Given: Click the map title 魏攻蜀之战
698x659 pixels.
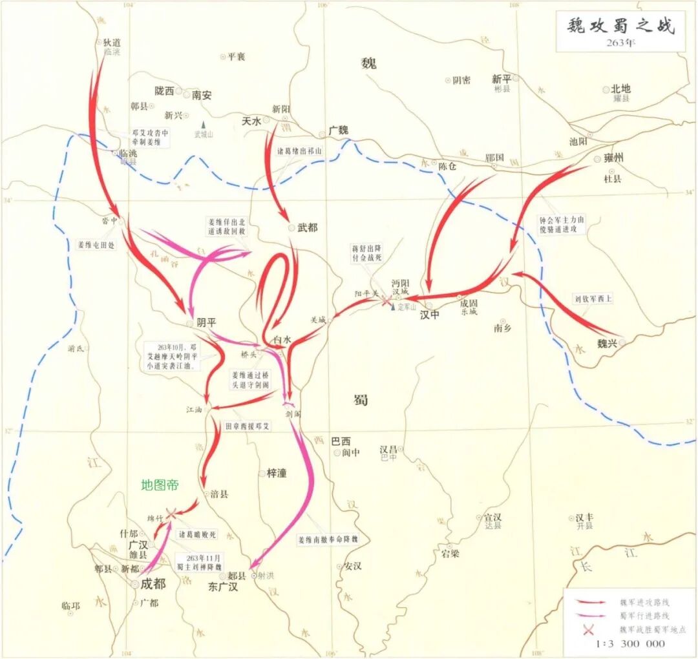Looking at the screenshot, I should pos(620,26).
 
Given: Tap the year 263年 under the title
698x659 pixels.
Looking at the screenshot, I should pos(620,44).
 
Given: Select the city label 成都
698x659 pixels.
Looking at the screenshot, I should pos(153,584).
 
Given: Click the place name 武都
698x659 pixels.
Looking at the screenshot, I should pos(307,227).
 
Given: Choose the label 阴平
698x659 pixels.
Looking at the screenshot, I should pos(207,323).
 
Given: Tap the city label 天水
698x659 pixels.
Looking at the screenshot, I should pos(251,121).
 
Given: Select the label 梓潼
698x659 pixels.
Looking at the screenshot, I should pos(277,474).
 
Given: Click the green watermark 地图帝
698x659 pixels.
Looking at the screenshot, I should pos(160,485).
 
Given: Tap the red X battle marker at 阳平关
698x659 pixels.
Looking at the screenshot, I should pos(386,300).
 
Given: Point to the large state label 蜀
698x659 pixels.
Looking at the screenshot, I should pos(361,400).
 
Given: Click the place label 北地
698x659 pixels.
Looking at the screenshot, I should pos(620,89).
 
